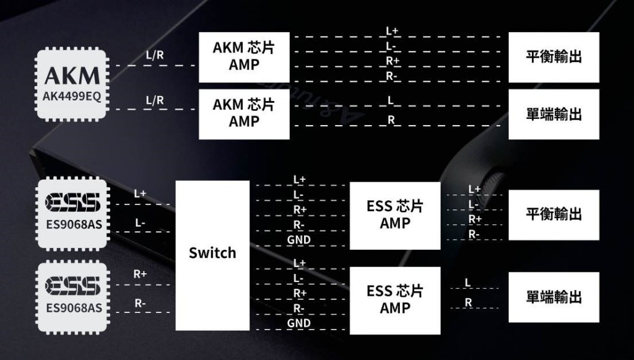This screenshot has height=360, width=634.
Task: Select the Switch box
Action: (212, 255)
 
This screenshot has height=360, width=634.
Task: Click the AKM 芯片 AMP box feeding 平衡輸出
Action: (244, 56)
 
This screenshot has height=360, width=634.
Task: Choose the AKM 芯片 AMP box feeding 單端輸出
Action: (244, 113)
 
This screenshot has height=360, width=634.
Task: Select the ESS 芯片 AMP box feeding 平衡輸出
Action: (395, 214)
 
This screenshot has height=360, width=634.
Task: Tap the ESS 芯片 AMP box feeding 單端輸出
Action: (395, 300)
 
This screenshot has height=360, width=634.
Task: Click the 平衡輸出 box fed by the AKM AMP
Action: (554, 57)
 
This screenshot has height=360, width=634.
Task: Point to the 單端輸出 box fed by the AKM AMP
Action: (554, 114)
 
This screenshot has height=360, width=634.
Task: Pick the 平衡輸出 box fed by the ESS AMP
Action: (554, 214)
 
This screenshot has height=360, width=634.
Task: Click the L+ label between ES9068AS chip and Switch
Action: (140, 194)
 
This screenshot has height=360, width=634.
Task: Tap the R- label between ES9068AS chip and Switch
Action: (140, 303)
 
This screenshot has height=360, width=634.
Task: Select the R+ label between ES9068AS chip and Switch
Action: (140, 273)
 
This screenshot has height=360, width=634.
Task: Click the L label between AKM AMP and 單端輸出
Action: (391, 100)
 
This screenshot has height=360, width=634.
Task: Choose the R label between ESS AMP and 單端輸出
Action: (468, 302)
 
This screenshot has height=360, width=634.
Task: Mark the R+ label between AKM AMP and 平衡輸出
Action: (393, 61)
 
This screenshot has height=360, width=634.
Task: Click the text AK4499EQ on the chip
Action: (72, 97)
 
